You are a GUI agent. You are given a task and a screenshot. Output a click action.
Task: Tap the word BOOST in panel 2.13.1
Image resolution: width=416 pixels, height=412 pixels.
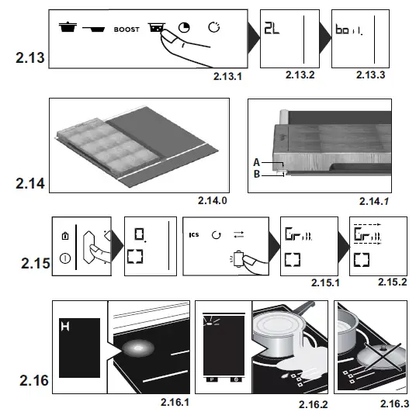pos(127,29)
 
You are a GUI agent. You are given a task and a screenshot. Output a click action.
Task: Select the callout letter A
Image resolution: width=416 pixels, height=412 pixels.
pos(255,162)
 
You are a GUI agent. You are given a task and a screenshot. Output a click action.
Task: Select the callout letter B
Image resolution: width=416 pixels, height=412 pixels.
pos(255,175)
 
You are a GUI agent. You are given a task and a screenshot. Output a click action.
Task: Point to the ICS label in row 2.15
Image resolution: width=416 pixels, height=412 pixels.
pos(193,232)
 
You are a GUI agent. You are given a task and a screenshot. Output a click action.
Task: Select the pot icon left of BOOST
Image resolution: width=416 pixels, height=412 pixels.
pos(68,29)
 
